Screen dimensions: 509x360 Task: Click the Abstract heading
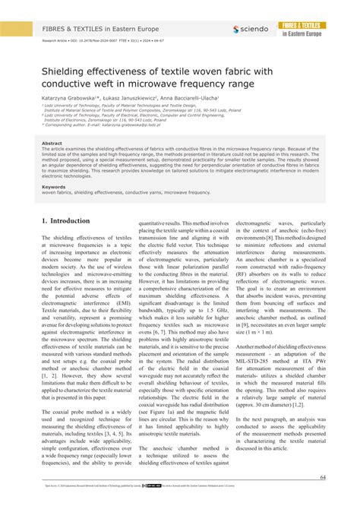pyautogui.click(x=52, y=143)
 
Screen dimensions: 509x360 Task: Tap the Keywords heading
pyautogui.click(x=54, y=186)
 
